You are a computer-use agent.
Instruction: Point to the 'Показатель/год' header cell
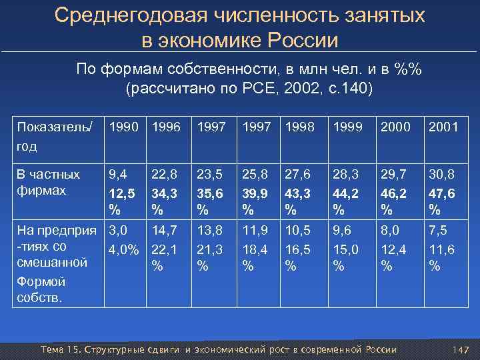[55, 135]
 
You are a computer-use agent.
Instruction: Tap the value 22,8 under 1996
[165, 175]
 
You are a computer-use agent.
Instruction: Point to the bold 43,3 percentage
[298, 193]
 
